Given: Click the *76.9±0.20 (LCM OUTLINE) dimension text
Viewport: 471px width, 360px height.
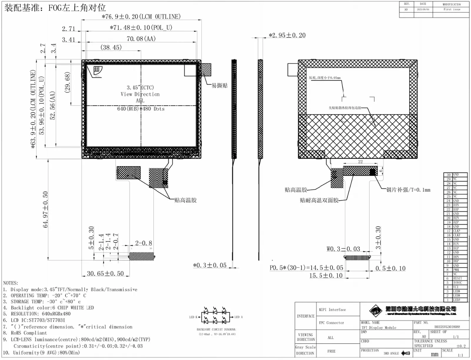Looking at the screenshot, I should [x=141, y=17].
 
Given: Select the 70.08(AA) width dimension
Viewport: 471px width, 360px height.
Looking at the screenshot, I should [x=141, y=39].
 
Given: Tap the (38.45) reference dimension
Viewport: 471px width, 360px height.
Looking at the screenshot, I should [x=111, y=47].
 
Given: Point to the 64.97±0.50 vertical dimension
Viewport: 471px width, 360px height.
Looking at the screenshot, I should [x=45, y=209].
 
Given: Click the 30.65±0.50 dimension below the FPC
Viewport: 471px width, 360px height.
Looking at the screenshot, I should [x=105, y=274].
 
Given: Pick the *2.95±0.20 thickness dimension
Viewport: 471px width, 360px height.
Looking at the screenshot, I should [x=287, y=35].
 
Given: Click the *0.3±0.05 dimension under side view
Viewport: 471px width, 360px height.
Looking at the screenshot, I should [x=210, y=265].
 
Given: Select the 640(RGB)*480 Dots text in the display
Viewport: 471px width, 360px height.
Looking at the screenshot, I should [x=141, y=109].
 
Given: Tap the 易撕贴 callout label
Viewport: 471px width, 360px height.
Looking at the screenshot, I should [x=220, y=86].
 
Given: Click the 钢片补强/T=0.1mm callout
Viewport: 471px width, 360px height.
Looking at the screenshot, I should [x=408, y=190].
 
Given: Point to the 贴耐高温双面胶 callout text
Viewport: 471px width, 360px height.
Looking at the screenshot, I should [x=319, y=200].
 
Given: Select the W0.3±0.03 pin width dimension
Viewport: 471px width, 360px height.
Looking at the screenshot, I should [x=343, y=249].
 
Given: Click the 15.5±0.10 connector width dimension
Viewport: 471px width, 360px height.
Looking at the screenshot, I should [x=326, y=276].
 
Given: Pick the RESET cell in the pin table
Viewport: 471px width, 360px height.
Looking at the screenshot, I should [x=457, y=278].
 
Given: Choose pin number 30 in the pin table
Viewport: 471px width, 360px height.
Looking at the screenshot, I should [x=448, y=175].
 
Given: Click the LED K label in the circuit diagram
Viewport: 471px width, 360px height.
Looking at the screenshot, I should [x=193, y=317].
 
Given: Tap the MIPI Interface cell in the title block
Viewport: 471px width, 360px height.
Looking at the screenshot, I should [x=332, y=310].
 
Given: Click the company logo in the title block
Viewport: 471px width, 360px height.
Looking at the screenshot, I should [x=376, y=310].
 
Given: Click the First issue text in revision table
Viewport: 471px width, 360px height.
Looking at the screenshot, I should [x=452, y=9].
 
